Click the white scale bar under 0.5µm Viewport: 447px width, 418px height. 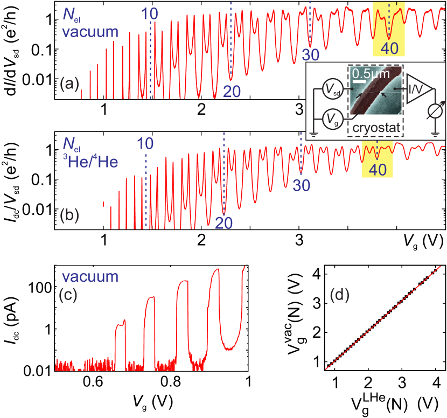(359, 81)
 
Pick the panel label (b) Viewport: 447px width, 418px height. (69, 215)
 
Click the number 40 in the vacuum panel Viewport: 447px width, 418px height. (389, 48)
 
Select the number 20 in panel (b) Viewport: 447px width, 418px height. (223, 223)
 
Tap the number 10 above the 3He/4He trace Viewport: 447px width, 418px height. (145, 143)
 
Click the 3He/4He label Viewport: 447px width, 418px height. (89, 161)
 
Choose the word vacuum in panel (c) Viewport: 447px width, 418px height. (89, 277)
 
